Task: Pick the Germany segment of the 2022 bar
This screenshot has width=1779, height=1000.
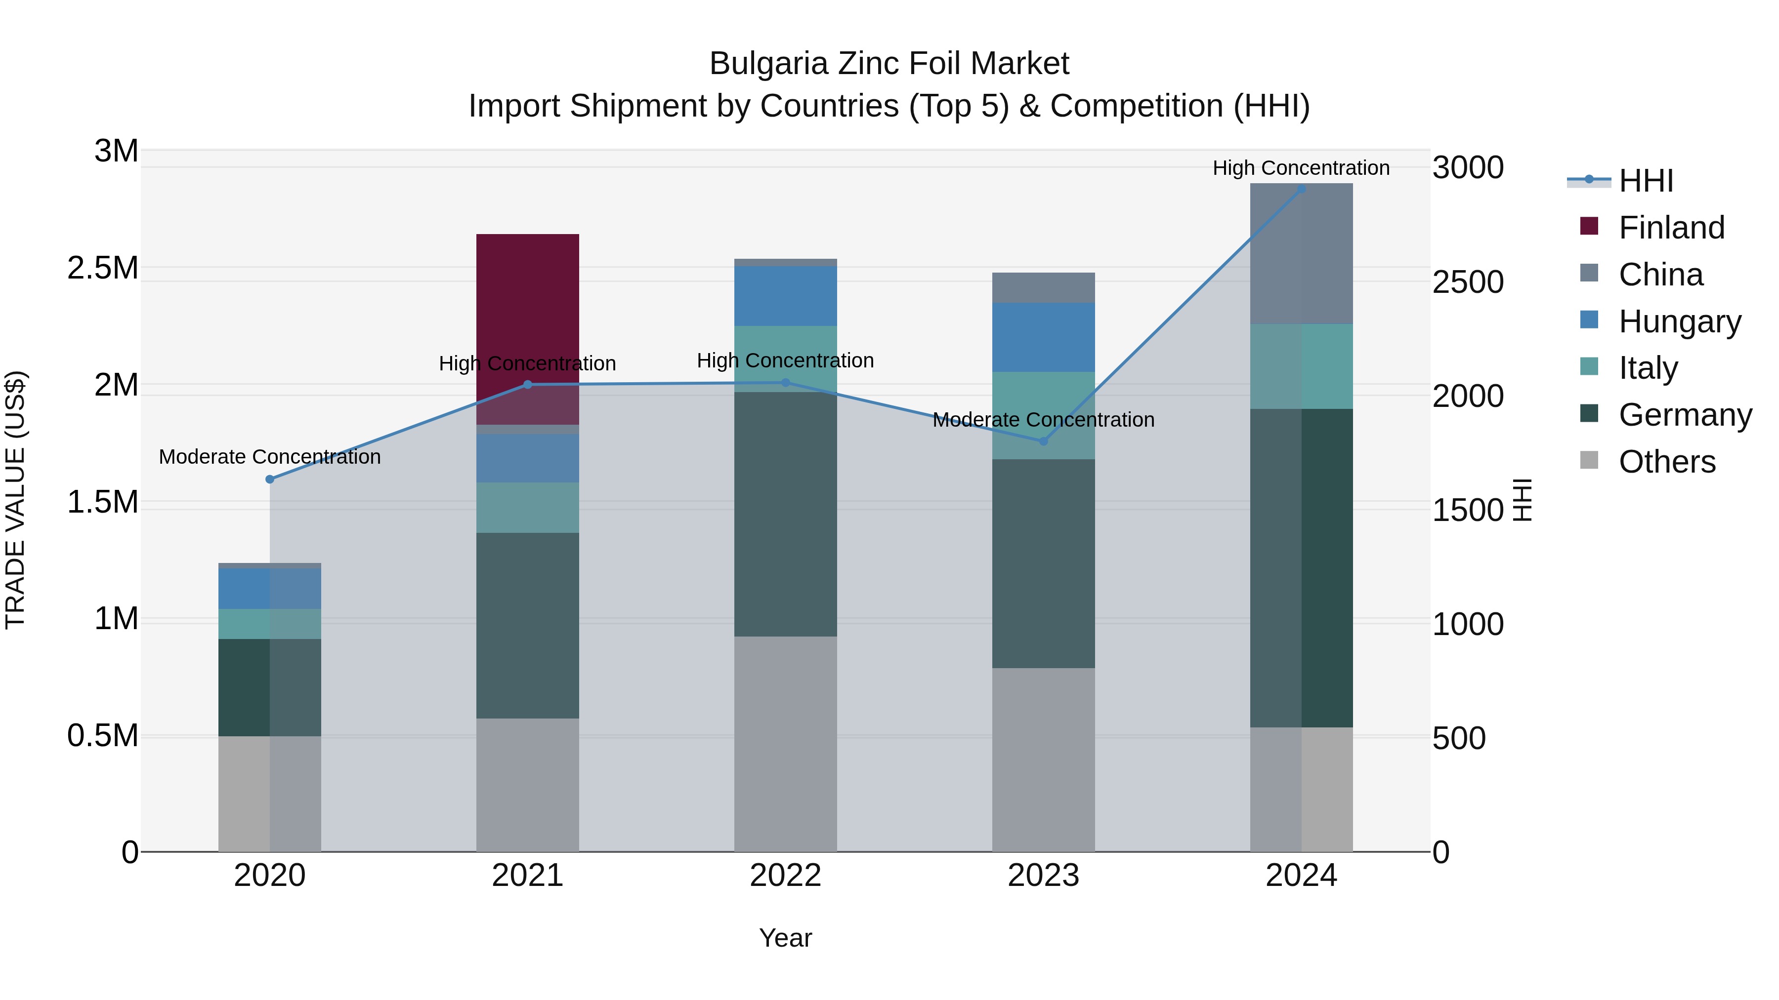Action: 785,514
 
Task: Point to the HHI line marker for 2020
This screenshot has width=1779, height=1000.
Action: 270,479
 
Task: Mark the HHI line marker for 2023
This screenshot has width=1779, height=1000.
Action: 1044,441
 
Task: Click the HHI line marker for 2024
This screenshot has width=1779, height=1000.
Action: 1301,189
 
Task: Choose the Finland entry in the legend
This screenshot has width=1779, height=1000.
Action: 1671,228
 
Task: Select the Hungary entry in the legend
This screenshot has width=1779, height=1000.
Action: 1680,321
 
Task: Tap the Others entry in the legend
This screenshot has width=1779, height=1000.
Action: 1666,462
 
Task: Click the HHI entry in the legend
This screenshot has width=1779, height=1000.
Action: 1646,181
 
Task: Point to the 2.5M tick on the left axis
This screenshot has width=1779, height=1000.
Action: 103,268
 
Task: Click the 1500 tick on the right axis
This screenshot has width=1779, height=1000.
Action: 1468,510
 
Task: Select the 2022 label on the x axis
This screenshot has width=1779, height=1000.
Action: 785,876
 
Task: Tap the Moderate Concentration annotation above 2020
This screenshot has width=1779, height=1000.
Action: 270,457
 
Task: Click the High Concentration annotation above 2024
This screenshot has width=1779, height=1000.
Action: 1301,168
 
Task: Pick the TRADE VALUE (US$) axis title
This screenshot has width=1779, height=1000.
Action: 15,500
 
